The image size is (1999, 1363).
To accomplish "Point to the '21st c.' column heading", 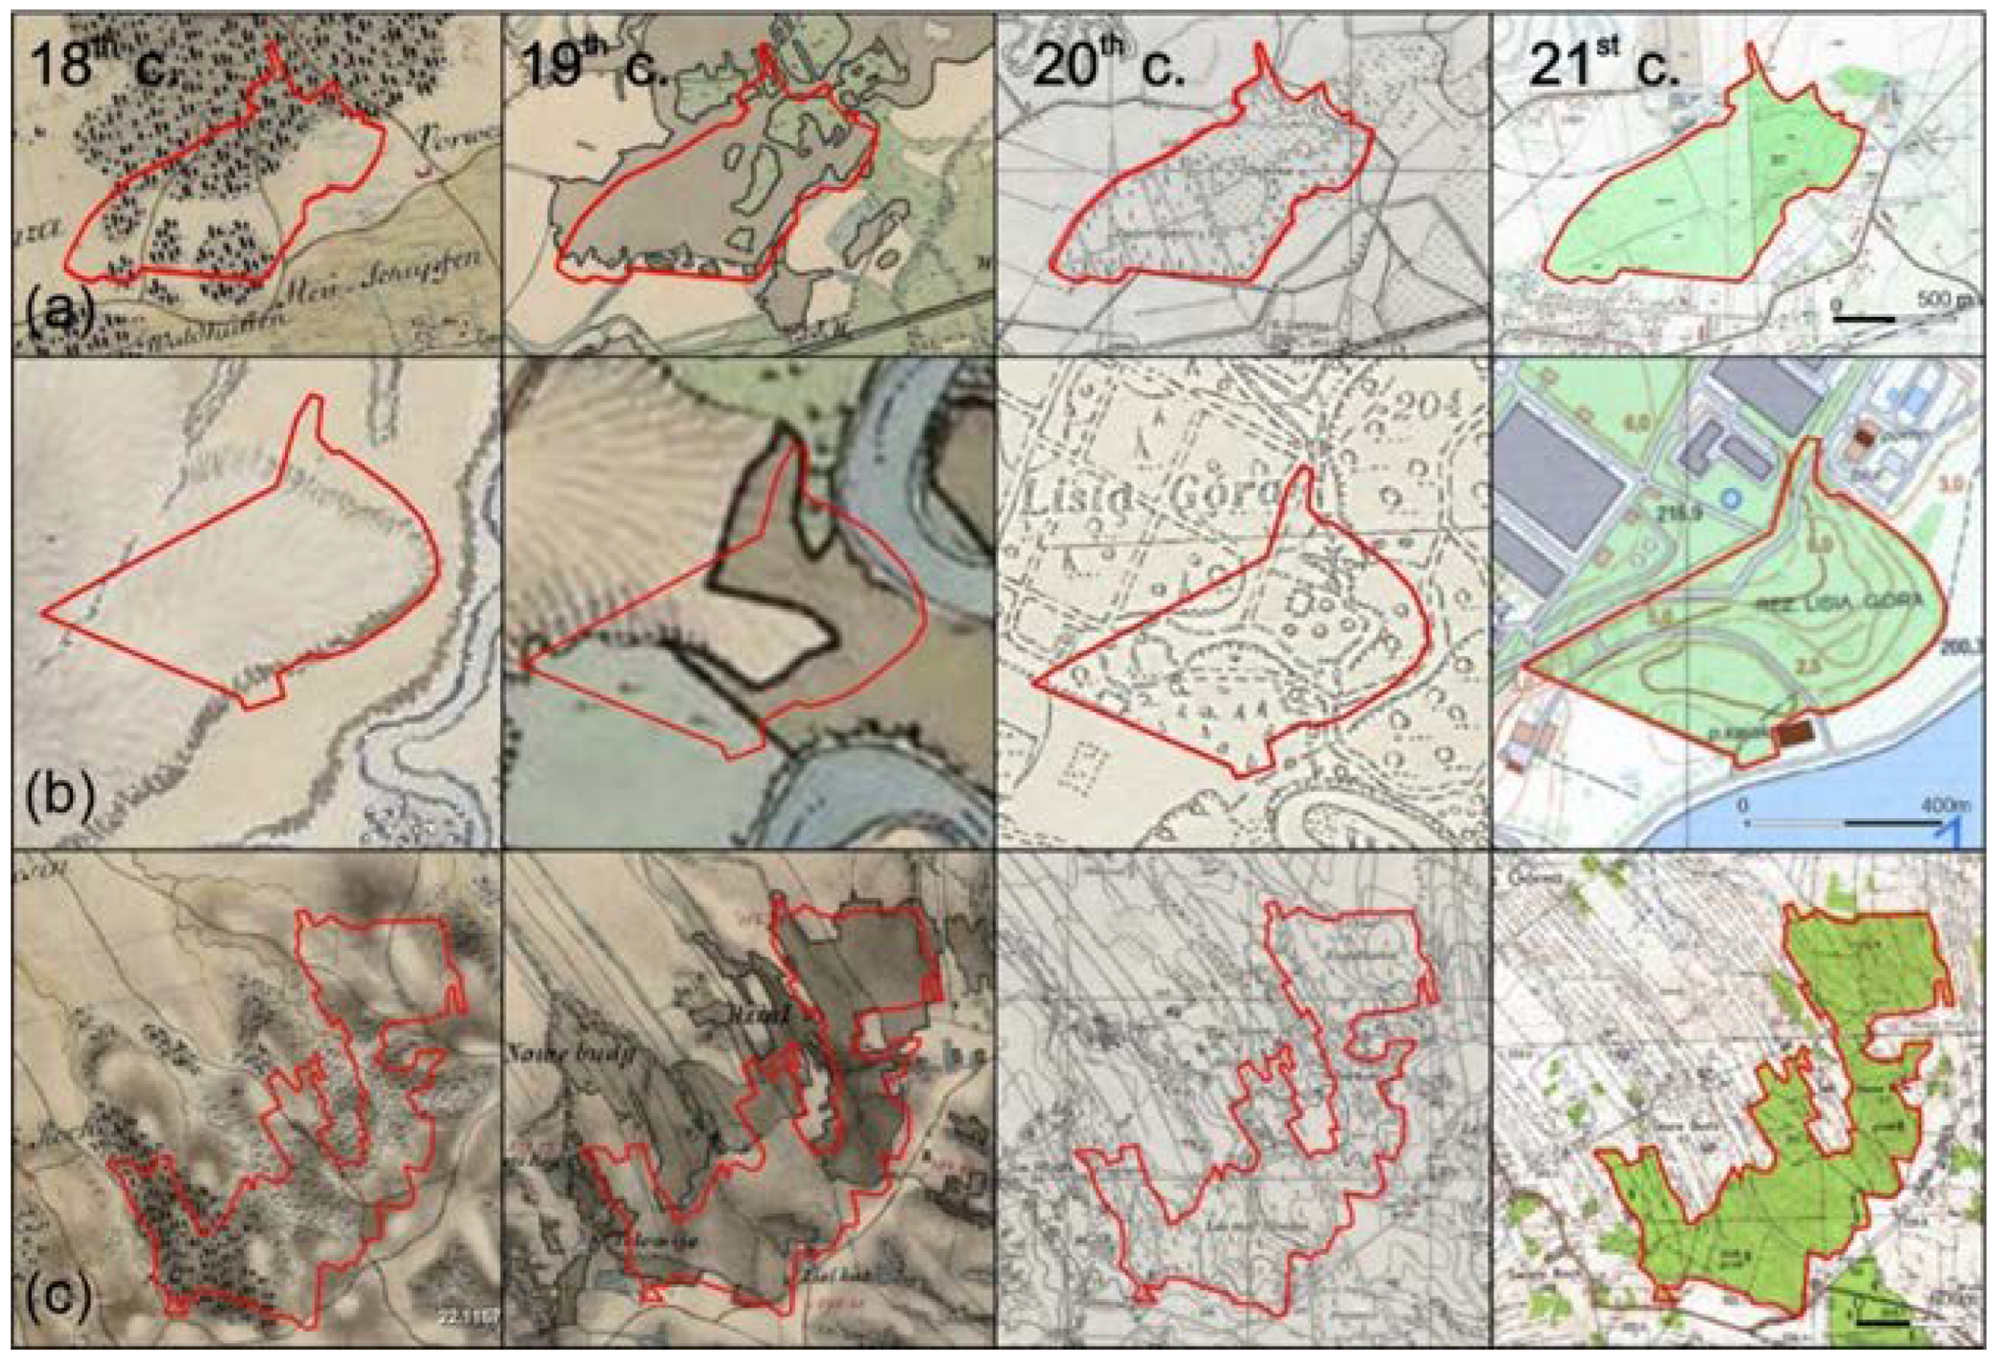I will click(x=1603, y=64).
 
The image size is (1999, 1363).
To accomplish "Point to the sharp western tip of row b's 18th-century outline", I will click(x=43, y=614).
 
